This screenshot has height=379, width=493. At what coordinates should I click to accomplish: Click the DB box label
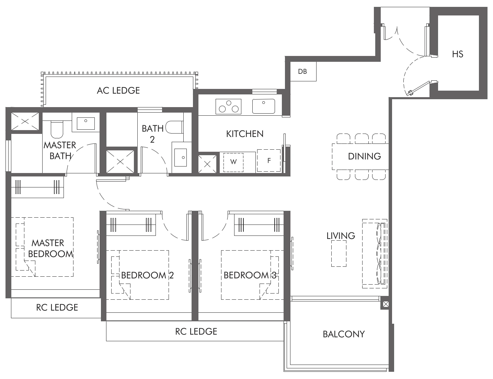tap(302, 71)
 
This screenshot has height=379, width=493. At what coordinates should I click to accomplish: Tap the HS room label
tap(457, 54)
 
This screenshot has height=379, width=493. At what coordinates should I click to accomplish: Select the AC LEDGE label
tap(118, 90)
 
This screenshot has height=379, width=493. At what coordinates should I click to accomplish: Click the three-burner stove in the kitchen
tap(228, 106)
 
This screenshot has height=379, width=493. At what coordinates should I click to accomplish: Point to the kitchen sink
tap(263, 106)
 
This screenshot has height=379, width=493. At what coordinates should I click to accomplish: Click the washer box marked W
tap(233, 162)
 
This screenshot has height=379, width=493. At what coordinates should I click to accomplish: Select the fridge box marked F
tap(269, 160)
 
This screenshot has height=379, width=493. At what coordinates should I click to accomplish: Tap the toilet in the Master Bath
tap(57, 128)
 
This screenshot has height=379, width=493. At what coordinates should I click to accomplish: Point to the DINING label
tap(364, 157)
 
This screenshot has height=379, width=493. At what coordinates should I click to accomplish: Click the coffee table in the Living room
tap(339, 254)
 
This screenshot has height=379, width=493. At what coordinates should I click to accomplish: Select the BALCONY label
tap(344, 334)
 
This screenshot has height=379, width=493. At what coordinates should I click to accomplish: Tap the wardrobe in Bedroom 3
tap(259, 225)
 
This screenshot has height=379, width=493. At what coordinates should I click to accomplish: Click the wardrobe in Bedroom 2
tap(131, 225)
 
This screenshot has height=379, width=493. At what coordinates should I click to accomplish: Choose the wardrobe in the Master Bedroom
tap(37, 187)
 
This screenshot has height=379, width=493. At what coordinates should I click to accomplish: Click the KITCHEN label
tap(245, 134)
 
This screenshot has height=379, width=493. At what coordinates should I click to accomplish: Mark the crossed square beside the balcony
tap(386, 304)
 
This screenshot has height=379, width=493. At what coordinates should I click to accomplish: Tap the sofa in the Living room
tap(375, 254)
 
